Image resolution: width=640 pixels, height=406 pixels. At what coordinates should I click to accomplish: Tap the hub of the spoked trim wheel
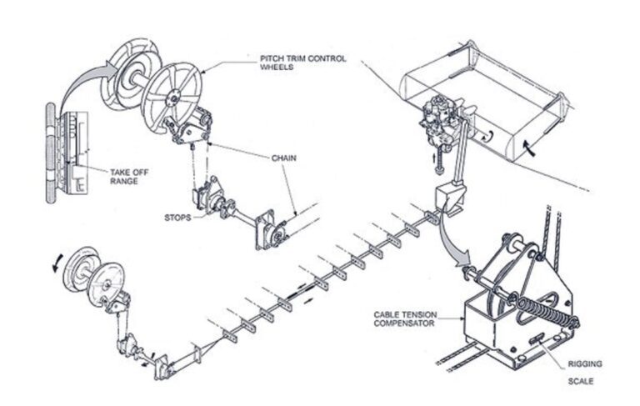[171, 98]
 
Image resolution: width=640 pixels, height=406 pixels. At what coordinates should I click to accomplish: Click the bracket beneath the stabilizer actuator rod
[444, 200]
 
